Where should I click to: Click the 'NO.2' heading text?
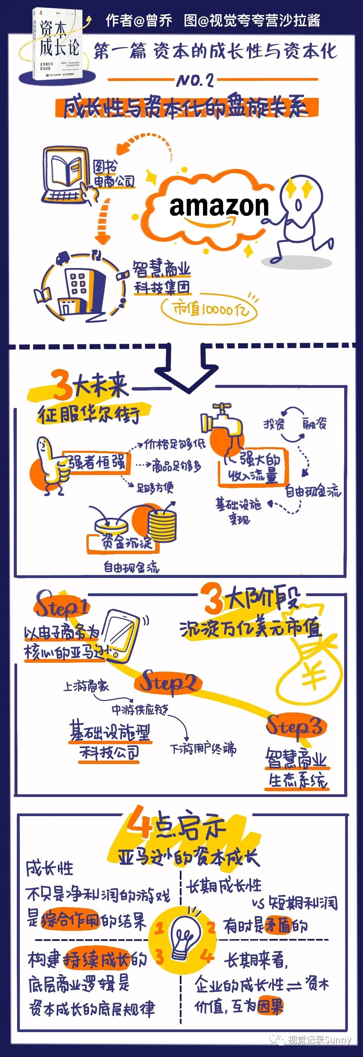(195, 80)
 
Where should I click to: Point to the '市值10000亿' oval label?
(209, 308)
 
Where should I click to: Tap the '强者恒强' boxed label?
(97, 463)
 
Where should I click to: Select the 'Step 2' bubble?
(168, 683)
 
